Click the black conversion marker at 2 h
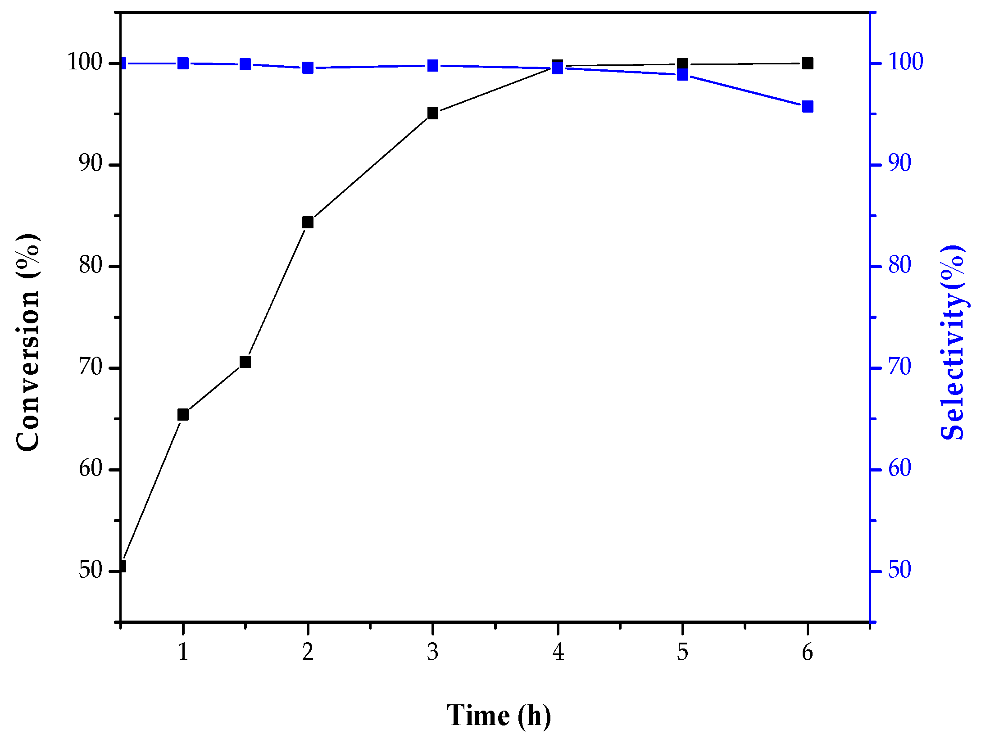coord(308,222)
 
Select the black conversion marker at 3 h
coord(433,113)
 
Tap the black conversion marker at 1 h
coord(183,414)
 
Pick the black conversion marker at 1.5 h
coord(245,362)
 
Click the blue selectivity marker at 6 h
coord(808,107)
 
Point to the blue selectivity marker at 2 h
coord(308,68)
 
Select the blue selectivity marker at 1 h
coord(183,63)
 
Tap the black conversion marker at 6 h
coord(808,63)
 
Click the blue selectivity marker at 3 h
coord(433,66)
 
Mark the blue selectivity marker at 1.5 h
coord(245,64)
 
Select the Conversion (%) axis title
coord(28,342)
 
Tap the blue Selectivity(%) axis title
coord(952,342)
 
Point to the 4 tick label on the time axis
coord(558,652)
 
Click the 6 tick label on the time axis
coord(808,652)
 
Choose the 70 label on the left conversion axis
coord(91,367)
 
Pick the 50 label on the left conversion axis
coord(91,570)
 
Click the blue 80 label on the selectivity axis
coord(899,265)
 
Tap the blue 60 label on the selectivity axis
coord(899,469)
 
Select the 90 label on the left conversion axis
coord(91,163)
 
